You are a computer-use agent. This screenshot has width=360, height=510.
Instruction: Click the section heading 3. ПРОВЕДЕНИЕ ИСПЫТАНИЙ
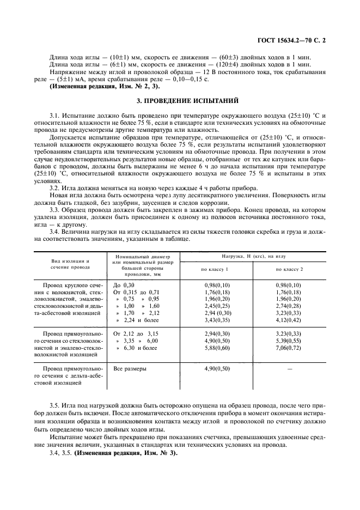point(180,101)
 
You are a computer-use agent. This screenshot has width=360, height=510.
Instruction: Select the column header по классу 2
point(289,269)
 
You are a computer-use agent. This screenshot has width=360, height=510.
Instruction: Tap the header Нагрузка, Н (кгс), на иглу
point(253,256)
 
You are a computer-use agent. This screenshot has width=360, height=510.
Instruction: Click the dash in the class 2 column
point(289,369)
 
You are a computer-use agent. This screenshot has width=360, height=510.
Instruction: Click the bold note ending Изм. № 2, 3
point(105,87)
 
